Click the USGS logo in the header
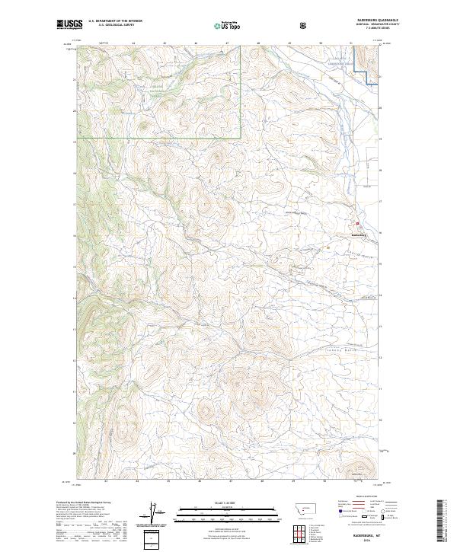point(69,26)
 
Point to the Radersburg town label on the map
point(358,235)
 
